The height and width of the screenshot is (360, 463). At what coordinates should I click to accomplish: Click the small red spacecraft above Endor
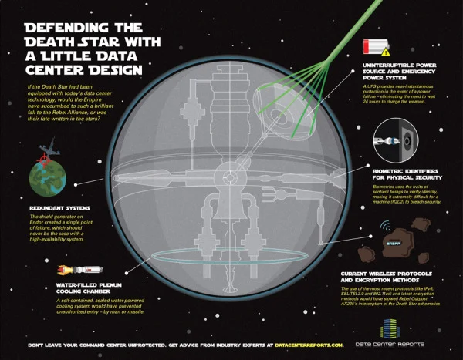39,157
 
